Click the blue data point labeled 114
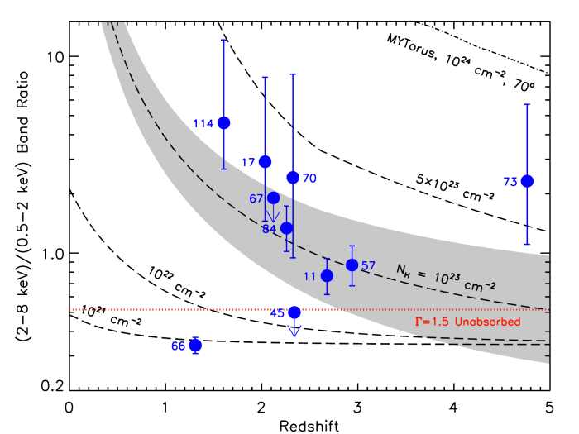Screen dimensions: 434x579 [223, 123]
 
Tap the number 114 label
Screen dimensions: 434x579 [203, 123]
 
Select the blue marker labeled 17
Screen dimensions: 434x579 [265, 161]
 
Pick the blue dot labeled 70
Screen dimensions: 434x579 [293, 177]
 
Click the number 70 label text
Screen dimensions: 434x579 [309, 178]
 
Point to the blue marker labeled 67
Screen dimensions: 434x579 [273, 198]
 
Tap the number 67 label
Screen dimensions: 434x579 [256, 198]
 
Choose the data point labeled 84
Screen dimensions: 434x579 [286, 227]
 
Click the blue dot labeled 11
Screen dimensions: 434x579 [327, 275]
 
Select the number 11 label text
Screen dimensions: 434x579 [310, 276]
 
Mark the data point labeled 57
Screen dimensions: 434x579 [352, 265]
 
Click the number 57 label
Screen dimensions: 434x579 [369, 265]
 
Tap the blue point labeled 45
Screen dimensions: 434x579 [294, 312]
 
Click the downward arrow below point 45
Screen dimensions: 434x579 [294, 330]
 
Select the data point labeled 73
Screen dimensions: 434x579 [527, 181]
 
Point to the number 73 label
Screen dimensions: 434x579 [510, 182]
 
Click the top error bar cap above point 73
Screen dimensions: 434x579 [527, 105]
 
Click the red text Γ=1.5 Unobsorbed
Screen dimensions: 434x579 [467, 322]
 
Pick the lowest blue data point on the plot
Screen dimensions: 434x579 [195, 346]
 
